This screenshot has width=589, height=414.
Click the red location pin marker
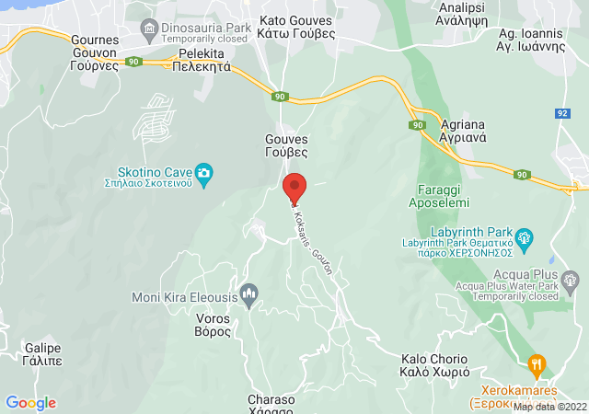click(294, 187)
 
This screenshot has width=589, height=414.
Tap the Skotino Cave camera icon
click(204, 172)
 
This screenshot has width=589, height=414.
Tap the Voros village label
click(214, 325)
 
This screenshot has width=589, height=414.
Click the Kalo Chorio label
click(435, 365)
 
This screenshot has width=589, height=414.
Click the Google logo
click(30, 403)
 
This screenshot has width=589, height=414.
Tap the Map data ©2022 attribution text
click(549, 406)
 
